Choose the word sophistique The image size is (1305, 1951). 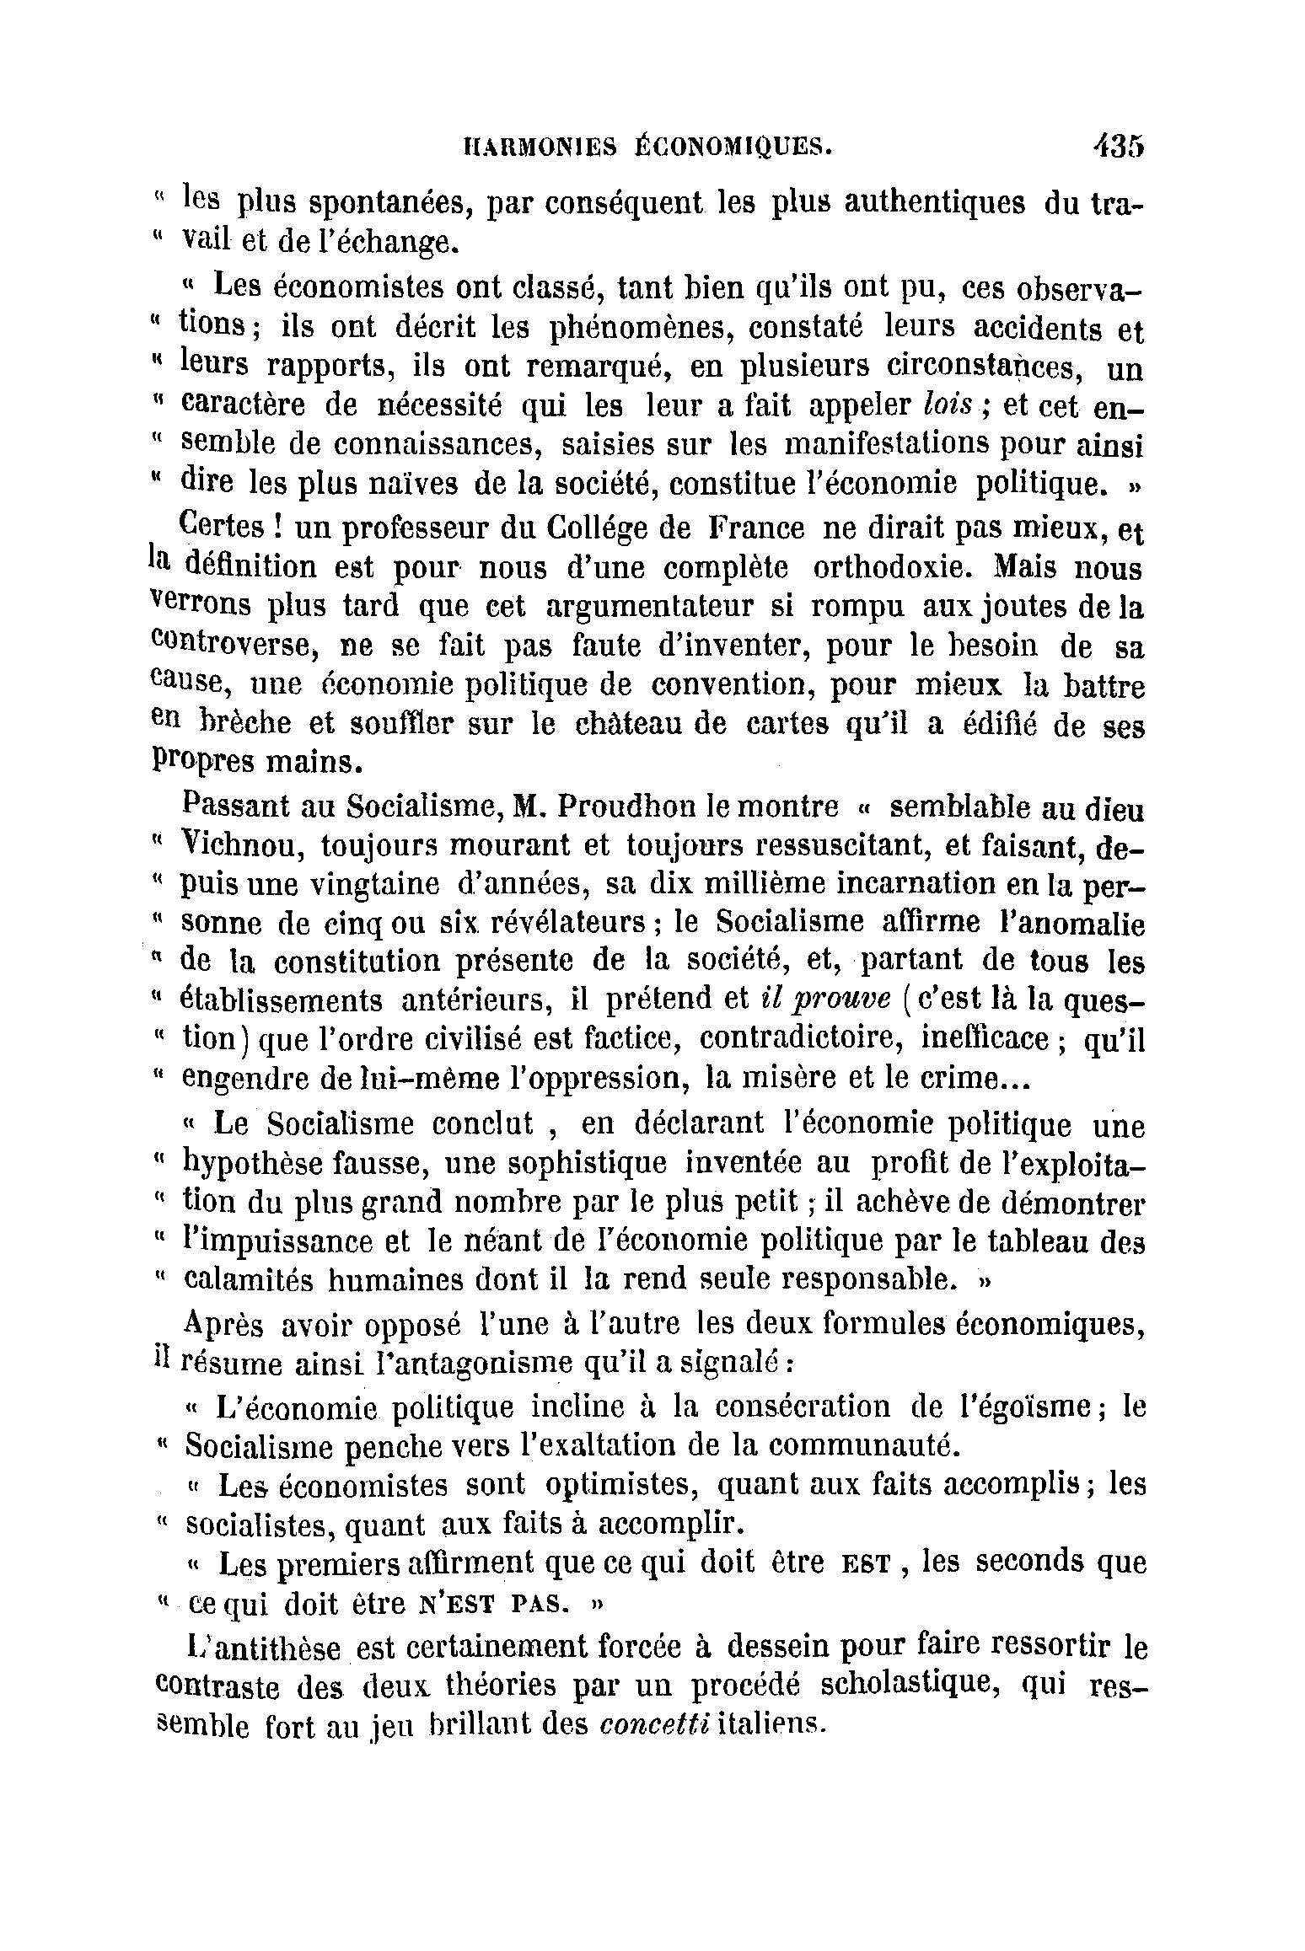click(581, 1165)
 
